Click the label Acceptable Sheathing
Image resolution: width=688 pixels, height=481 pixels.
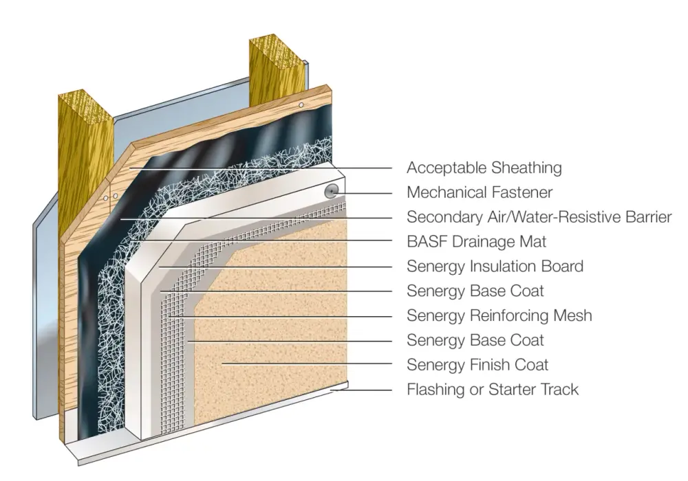coord(484,168)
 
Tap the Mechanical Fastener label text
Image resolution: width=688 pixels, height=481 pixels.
coord(480,192)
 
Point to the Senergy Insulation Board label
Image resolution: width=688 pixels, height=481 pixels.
coord(495,267)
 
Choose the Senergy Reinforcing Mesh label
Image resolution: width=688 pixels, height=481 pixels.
coord(499,315)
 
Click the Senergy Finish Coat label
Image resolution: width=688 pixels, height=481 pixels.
coord(477,364)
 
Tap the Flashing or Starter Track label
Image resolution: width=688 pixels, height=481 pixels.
coord(493,390)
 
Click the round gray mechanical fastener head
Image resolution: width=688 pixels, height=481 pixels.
coord(332,192)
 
